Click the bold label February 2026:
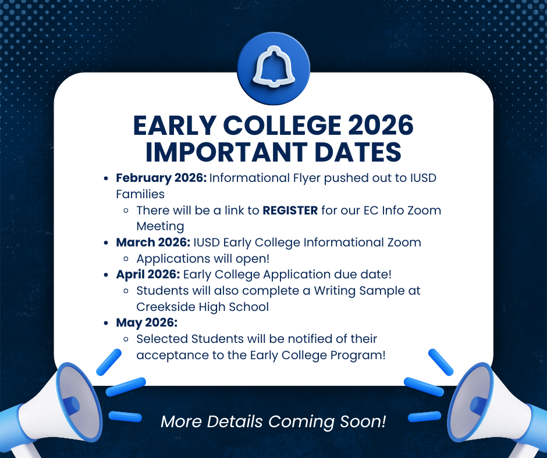161,177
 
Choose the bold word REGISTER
290,210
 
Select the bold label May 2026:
146,322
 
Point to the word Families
140,194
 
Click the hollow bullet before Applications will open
126,258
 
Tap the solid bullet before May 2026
106,323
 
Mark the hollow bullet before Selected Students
126,339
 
